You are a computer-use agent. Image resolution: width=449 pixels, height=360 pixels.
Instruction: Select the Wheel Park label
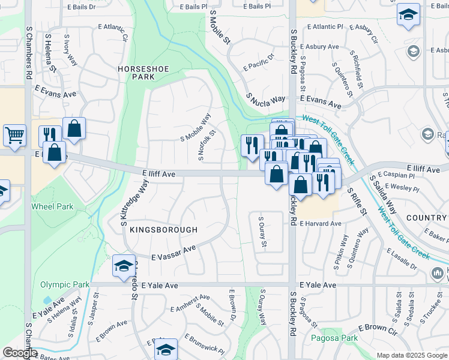click(x=52, y=206)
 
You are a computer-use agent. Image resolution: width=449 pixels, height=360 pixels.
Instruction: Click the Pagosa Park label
click(x=334, y=338)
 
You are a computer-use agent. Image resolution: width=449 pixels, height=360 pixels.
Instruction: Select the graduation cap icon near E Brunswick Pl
click(x=166, y=349)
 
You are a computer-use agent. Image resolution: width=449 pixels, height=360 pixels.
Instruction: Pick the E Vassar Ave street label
click(x=174, y=252)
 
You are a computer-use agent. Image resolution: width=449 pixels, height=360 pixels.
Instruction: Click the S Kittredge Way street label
click(x=134, y=204)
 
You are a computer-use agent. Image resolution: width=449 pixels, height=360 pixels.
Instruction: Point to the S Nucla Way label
click(x=265, y=98)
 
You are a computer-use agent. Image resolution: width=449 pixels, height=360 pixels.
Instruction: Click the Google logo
click(x=20, y=353)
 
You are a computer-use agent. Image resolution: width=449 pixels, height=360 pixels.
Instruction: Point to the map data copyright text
click(x=412, y=355)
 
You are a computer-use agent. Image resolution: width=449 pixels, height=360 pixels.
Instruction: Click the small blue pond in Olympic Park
click(x=47, y=300)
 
